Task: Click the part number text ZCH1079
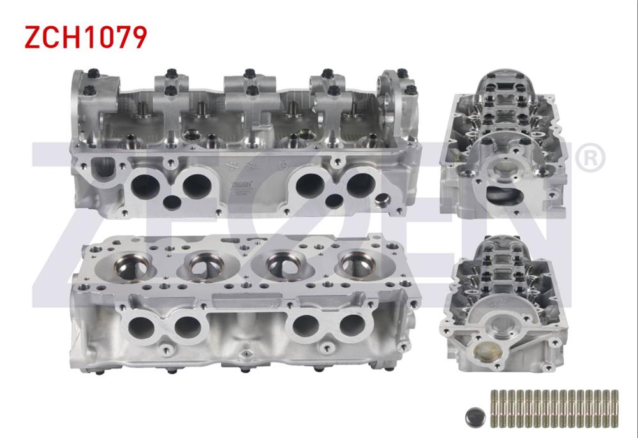85,38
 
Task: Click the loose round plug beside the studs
475,417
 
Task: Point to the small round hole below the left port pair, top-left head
172,203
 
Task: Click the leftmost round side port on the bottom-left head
139,327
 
